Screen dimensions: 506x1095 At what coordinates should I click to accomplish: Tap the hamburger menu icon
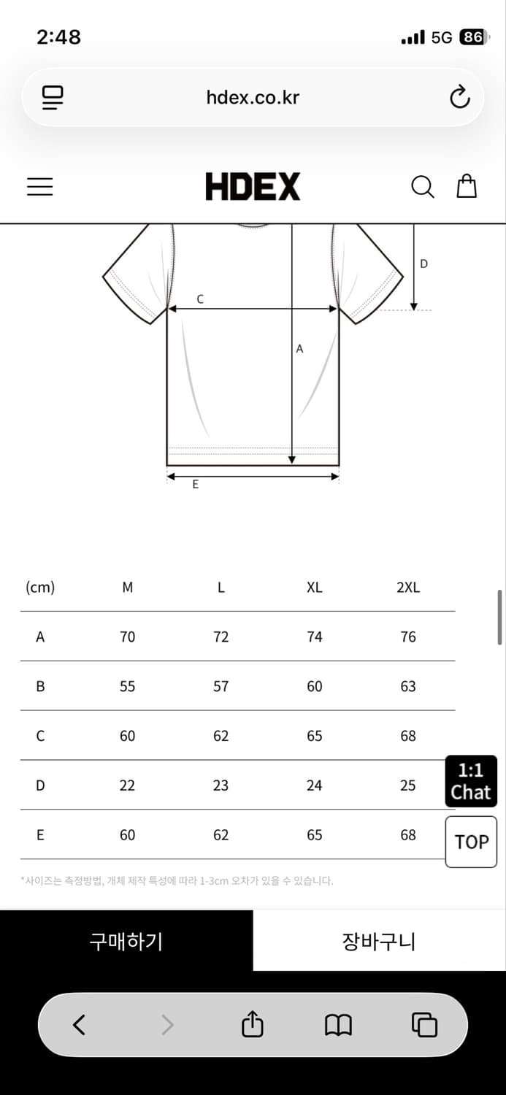39,187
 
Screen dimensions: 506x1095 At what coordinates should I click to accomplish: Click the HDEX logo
253,186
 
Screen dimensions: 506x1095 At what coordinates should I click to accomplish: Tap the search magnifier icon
423,187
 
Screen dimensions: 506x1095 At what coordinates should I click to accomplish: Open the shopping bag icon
467,186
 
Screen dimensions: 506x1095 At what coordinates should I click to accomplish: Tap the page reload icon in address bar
459,97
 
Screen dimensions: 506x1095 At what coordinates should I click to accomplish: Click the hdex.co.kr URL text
253,97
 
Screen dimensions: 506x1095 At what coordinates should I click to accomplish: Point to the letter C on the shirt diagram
200,299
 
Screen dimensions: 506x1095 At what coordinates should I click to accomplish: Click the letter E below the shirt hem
196,485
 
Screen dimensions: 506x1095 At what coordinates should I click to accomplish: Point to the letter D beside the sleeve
424,264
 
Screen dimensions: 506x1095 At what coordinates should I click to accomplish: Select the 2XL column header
408,587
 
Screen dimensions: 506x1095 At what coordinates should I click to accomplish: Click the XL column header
315,587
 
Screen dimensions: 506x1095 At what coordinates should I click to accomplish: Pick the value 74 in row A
315,637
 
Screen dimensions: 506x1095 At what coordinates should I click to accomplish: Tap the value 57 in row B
221,686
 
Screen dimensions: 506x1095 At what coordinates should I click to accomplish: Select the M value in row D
127,785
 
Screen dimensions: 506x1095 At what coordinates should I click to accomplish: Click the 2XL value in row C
408,736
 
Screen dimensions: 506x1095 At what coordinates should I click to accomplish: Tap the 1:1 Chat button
471,781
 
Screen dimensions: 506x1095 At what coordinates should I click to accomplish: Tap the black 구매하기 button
126,941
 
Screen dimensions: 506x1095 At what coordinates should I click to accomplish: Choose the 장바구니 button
380,941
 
